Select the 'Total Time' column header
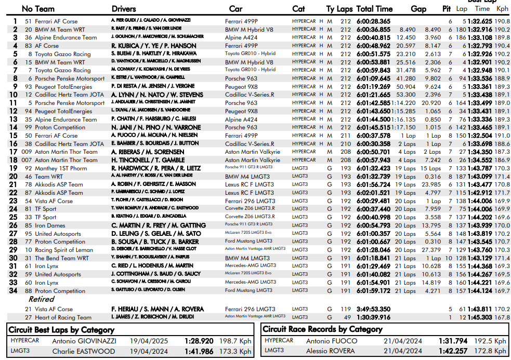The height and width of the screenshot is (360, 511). coord(374,9)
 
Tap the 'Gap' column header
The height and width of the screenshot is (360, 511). coord(418,9)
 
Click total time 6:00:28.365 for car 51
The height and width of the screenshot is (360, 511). coord(374,21)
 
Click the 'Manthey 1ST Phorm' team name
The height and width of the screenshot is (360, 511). coord(61,168)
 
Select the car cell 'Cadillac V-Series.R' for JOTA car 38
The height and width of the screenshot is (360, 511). coord(250,144)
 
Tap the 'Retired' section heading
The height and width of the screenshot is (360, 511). coord(41,299)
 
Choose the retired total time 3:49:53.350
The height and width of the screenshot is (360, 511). coord(374,309)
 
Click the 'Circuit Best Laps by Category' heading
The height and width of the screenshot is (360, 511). coord(62,330)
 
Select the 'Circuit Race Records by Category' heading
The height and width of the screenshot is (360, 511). coord(322,329)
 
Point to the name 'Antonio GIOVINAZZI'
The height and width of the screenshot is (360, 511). coord(84,341)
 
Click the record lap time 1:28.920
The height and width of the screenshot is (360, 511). coord(199,341)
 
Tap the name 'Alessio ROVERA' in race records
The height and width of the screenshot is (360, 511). coord(332,351)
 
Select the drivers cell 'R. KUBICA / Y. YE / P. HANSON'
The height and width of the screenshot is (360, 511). coord(154,46)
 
